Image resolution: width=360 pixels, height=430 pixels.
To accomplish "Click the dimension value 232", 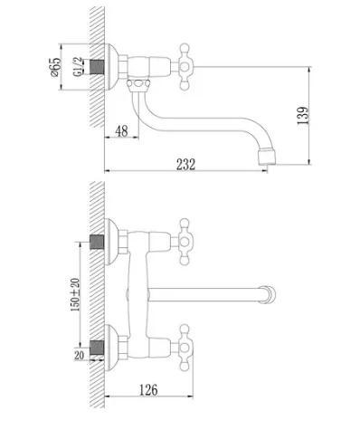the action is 185,164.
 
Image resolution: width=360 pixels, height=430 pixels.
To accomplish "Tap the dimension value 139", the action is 303,116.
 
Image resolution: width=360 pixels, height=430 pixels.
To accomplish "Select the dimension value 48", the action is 121,131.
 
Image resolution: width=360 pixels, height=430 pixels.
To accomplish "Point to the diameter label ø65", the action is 56,67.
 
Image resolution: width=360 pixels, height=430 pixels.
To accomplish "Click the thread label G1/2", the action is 78,67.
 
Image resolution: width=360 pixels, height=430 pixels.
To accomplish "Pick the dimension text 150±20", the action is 75,294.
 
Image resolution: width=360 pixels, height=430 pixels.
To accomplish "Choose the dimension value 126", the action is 148,389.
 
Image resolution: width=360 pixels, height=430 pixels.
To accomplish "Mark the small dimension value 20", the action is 79,356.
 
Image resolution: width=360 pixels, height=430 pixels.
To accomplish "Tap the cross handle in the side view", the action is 184,67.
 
